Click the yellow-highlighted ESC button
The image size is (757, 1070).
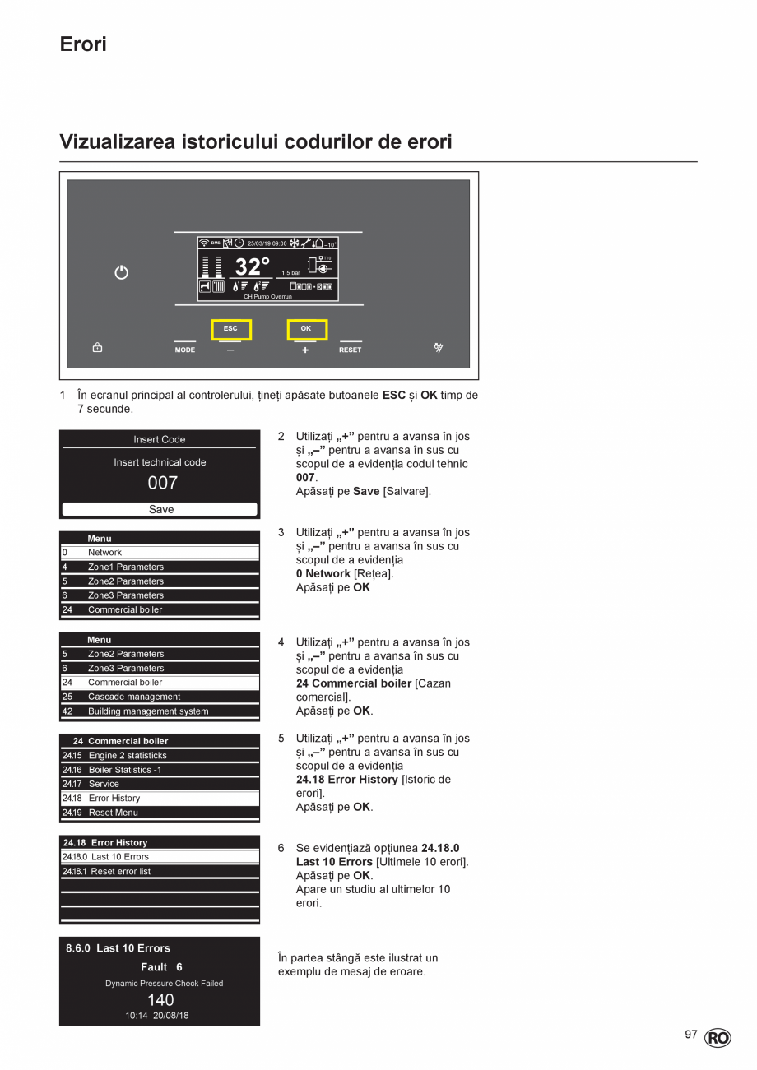pos(231,329)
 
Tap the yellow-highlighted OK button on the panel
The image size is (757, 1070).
pos(307,329)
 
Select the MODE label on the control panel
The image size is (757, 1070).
pos(185,350)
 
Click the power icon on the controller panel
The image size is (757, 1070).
pos(121,272)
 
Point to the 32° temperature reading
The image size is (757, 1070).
pos(252,267)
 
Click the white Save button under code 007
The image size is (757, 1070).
pos(160,509)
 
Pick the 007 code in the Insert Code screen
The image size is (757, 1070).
pos(162,483)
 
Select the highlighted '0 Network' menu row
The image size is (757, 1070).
pos(160,553)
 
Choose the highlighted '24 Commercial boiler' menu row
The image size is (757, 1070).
pos(160,683)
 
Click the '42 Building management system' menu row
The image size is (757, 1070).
pos(160,711)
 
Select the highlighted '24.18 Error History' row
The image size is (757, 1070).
pos(160,799)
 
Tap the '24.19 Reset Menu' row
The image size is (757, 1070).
pos(160,813)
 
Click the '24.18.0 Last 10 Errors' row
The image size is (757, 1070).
pos(160,857)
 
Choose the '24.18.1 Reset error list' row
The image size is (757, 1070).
pos(160,871)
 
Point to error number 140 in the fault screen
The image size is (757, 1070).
pos(160,999)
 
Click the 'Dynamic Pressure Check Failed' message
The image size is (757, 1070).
pos(164,983)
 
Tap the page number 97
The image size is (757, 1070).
pos(691,1035)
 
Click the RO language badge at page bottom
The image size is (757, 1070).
pos(717,1038)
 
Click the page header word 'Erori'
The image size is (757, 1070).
pos(83,44)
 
